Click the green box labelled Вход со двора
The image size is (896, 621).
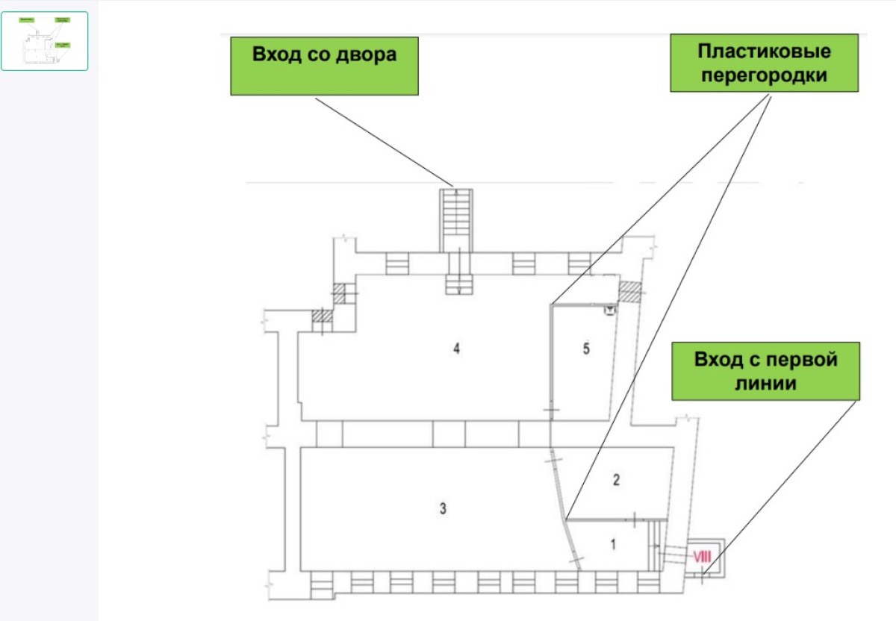(324, 66)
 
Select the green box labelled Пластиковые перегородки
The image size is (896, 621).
(765, 63)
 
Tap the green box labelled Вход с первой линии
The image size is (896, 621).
(765, 371)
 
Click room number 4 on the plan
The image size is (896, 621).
(456, 349)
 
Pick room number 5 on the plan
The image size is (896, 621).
(586, 349)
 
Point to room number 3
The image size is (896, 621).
(443, 508)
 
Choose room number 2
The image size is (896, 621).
(616, 479)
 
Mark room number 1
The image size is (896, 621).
(613, 544)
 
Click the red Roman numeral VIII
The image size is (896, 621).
(702, 557)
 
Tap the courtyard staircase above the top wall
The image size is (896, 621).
(456, 220)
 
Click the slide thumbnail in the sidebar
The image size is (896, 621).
(44, 41)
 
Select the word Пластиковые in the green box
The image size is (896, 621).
(765, 52)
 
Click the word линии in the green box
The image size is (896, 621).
(765, 384)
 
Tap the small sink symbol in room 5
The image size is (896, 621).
(609, 310)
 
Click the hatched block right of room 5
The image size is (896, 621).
(630, 291)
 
